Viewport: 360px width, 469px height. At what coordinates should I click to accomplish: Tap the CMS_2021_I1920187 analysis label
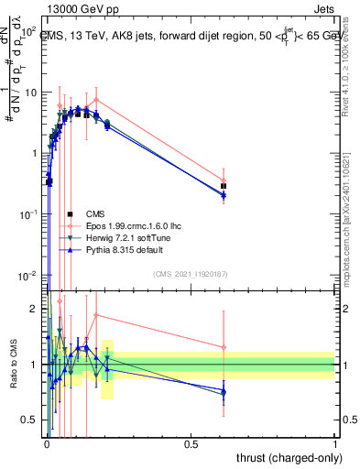tap(190, 274)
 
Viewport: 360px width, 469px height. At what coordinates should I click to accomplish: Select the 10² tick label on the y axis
tap(27, 31)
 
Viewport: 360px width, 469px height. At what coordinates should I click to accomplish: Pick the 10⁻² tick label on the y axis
tap(27, 276)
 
